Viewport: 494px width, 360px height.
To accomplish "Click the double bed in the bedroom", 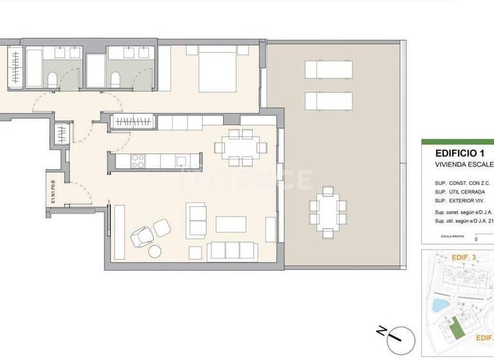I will coord(222,69).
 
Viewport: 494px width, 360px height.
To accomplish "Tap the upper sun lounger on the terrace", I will coord(329,68).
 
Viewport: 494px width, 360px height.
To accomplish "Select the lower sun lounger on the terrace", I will coord(329,101).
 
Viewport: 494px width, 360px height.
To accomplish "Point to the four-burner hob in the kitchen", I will coord(138,162).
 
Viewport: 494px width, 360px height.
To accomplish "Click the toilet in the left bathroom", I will coord(52,80).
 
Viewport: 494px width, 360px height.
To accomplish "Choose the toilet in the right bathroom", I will coord(116,80).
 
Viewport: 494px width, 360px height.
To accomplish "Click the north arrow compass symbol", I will coord(393,334).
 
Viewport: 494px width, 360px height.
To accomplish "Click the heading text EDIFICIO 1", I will coord(459,153).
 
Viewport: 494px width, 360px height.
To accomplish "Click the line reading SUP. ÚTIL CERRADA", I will coord(460,192).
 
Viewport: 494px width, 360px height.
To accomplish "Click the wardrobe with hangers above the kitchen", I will coord(134,121).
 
